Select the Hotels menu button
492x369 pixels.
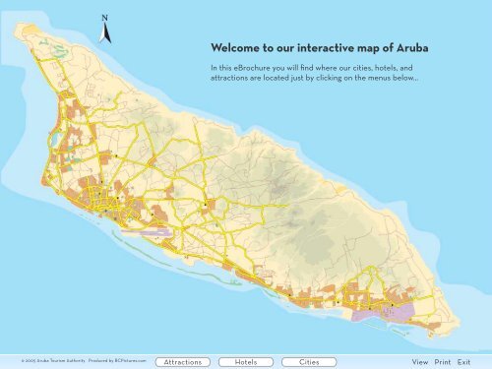click(x=247, y=362)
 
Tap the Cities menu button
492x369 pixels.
click(x=309, y=362)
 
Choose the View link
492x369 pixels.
click(x=420, y=362)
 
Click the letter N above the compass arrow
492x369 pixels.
click(x=104, y=18)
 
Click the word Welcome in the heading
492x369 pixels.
click(x=233, y=48)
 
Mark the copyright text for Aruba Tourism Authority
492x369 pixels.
click(x=50, y=362)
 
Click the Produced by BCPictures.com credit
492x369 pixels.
click(x=117, y=362)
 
